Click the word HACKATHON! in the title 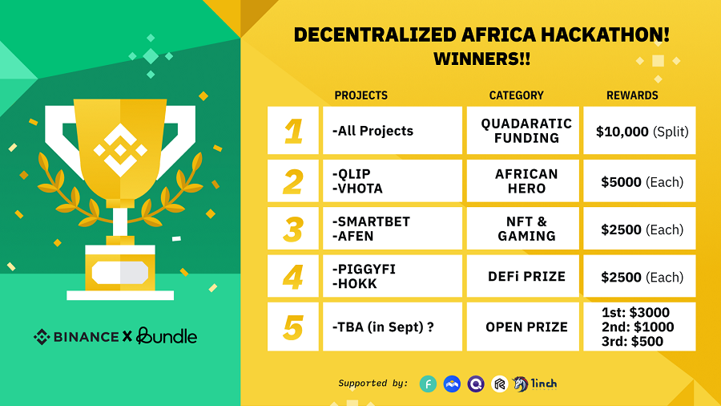[605, 35]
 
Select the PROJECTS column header [361, 95]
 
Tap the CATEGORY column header [516, 95]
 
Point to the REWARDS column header [632, 95]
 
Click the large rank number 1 [293, 132]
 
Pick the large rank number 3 [293, 229]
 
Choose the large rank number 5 [293, 327]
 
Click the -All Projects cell [393, 130]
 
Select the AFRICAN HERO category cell [523, 181]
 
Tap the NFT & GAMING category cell [523, 229]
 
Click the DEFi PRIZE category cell [523, 276]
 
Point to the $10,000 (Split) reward [642, 132]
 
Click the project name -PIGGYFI [364, 269]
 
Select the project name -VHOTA [357, 189]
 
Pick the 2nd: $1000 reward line [638, 327]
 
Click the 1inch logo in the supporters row [535, 384]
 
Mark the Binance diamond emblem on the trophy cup [120, 150]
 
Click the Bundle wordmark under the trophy [167, 336]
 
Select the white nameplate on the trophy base [120, 273]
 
